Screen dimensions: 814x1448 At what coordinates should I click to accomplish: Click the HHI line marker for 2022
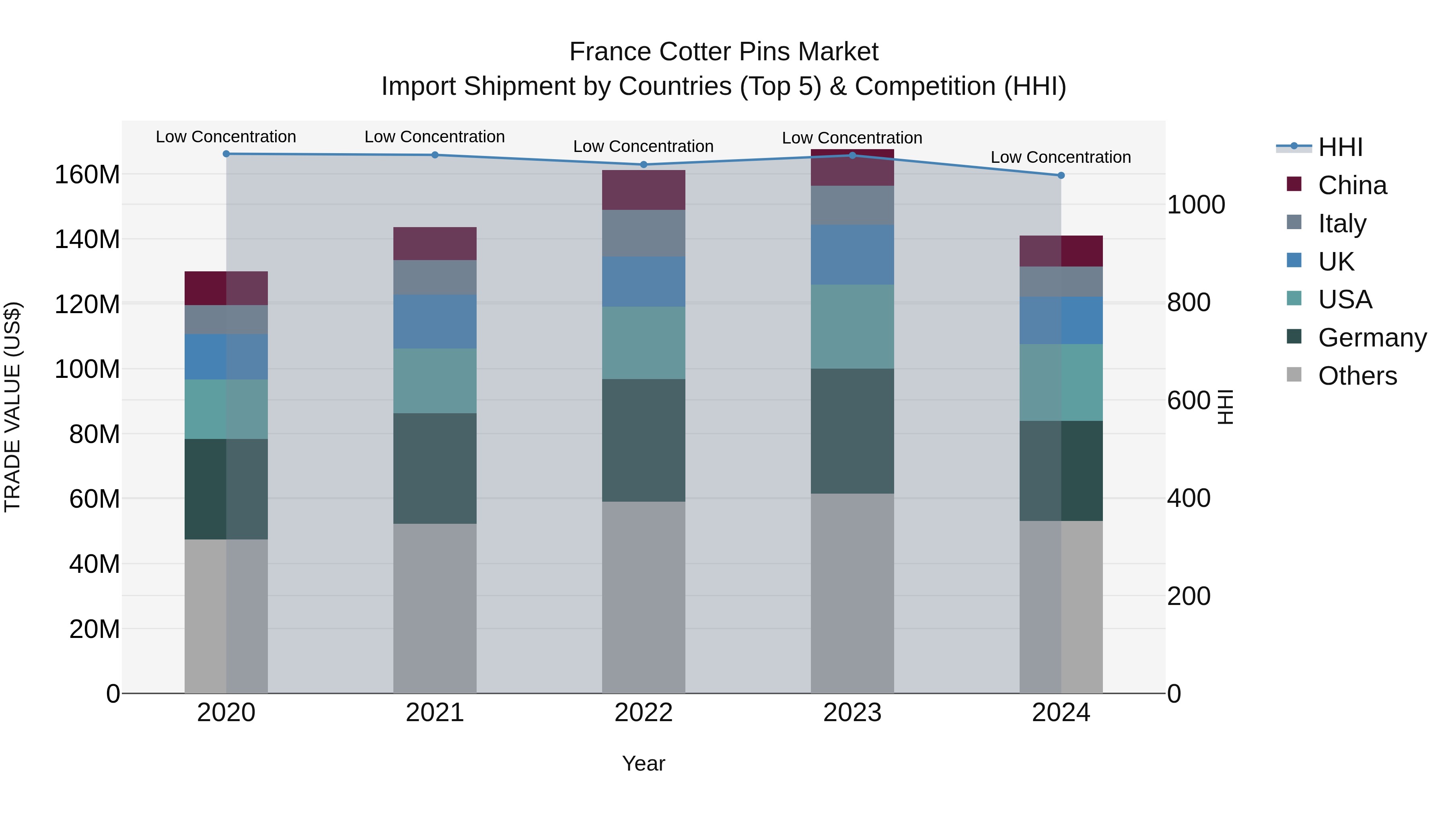[644, 164]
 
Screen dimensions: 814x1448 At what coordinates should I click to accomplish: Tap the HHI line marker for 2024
[1061, 175]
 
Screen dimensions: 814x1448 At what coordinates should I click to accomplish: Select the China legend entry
[1352, 185]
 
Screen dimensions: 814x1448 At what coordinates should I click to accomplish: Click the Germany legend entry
[1372, 338]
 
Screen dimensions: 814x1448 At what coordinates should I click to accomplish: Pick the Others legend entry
[1357, 376]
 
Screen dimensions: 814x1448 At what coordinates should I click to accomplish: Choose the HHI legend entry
[1340, 147]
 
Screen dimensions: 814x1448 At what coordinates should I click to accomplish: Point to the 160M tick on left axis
[87, 175]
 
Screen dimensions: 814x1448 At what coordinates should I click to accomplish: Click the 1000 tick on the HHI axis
[1196, 205]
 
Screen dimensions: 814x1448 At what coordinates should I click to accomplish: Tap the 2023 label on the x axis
[852, 713]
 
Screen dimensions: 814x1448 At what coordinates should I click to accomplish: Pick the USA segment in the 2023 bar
[852, 326]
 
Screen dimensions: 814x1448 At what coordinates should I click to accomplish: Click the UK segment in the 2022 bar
[644, 281]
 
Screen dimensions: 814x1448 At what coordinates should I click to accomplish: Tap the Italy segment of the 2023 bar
[852, 205]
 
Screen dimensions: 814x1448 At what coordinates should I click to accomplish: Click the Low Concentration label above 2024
[1060, 157]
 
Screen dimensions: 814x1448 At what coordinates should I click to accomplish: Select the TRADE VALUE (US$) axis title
[12, 407]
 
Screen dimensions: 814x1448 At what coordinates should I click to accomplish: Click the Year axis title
[643, 763]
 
